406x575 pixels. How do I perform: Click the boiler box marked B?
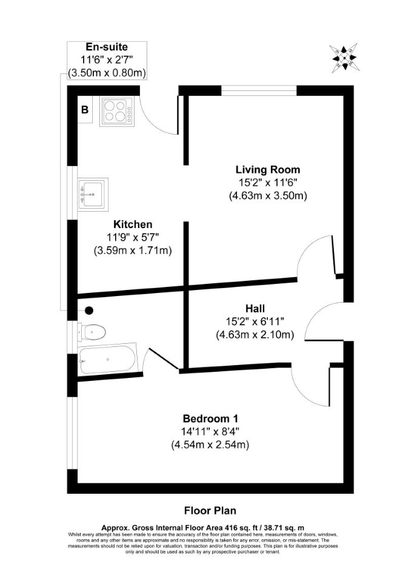tap(85, 110)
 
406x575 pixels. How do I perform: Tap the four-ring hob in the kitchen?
tap(116, 111)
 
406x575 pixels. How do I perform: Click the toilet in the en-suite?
tap(92, 332)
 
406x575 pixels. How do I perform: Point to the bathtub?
tap(108, 359)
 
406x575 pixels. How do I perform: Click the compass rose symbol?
tap(344, 58)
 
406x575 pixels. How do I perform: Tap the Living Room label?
tap(268, 170)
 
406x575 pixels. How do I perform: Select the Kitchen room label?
tap(133, 224)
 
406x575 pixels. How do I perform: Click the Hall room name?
tap(255, 308)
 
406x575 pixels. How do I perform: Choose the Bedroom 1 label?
tap(210, 419)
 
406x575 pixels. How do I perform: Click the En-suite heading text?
tap(107, 47)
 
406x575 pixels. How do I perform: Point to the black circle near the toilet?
tap(89, 311)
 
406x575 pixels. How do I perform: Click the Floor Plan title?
tap(210, 511)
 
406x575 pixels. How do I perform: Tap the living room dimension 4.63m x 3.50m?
tap(268, 196)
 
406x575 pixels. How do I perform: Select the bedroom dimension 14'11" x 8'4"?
tap(210, 432)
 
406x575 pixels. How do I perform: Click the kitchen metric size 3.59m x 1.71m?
tap(133, 251)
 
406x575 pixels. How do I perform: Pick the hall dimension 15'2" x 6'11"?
tap(255, 321)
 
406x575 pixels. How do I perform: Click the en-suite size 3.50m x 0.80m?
tap(107, 73)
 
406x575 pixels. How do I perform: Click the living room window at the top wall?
tap(259, 90)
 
